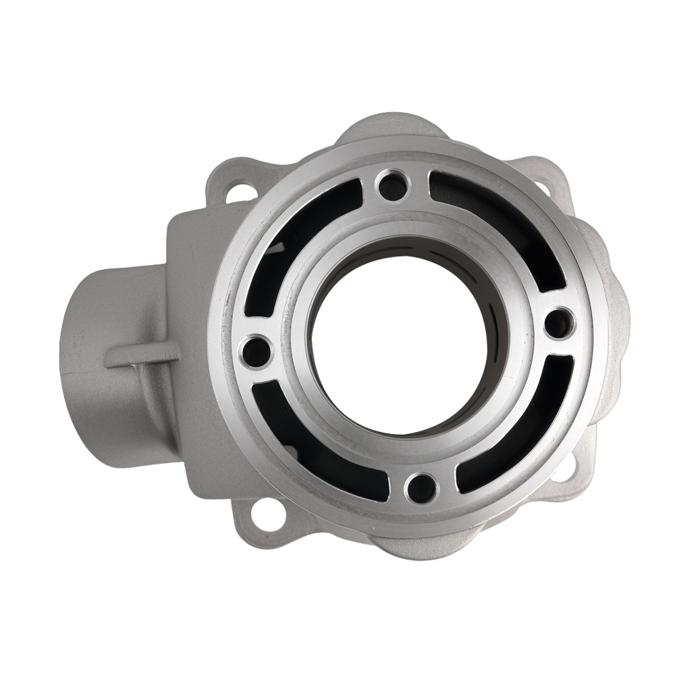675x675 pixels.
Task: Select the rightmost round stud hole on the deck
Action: pos(559,323)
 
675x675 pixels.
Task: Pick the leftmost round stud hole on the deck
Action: pos(256,351)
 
